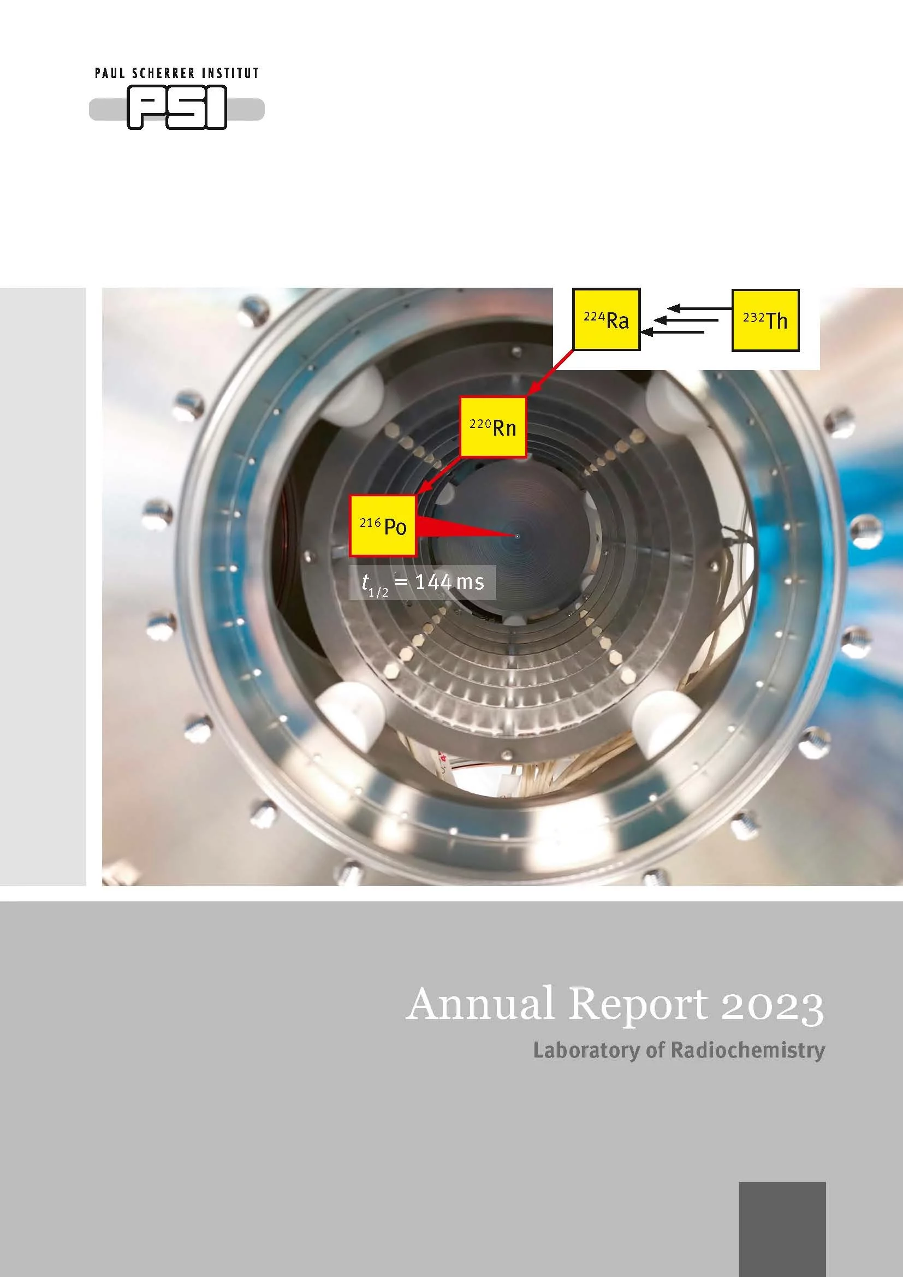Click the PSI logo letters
click(x=177, y=108)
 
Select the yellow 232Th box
click(x=765, y=320)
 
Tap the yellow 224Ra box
click(x=606, y=319)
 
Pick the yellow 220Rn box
click(x=493, y=427)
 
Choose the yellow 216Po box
click(x=383, y=526)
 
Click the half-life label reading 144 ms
click(x=423, y=583)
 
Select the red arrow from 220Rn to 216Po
click(x=438, y=476)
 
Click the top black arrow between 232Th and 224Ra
click(x=699, y=308)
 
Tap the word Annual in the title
click(x=481, y=1004)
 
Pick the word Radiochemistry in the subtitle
click(x=748, y=1050)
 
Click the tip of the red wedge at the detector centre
click(x=517, y=536)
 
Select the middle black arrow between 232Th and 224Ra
click(x=686, y=320)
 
